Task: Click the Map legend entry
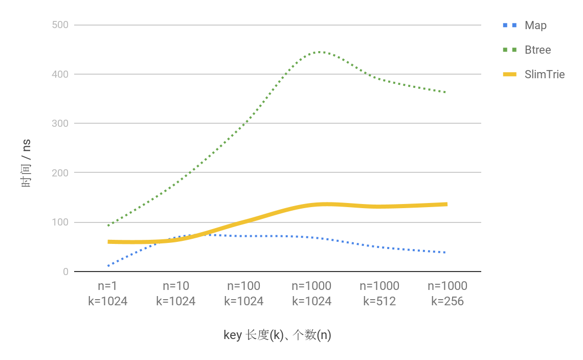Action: coord(535,26)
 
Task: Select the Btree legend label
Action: coord(537,50)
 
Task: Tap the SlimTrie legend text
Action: coord(545,75)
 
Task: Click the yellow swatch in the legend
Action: coord(510,75)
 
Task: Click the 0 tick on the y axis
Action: coord(65,272)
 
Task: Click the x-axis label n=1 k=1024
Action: coord(107,294)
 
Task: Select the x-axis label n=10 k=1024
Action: coord(175,294)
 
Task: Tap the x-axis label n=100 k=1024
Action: coord(243,294)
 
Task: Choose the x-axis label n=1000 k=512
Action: coord(379,294)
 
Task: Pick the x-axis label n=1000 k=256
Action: coord(447,294)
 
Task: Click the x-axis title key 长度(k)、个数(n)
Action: coord(277,335)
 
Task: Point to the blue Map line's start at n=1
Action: coord(108,266)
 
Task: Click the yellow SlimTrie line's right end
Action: coord(446,205)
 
